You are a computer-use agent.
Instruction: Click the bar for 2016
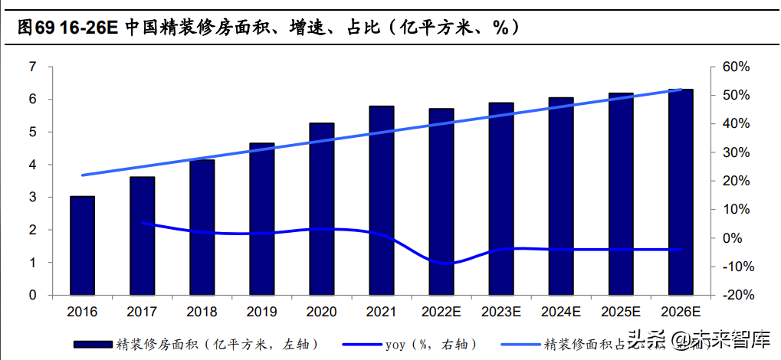coord(83,245)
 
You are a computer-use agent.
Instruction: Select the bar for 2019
coord(262,218)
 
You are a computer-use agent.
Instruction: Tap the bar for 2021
coord(381,200)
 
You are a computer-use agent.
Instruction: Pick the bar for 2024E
coord(561,196)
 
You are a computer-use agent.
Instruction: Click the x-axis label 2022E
coord(441,312)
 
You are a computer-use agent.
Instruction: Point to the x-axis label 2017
coord(142,312)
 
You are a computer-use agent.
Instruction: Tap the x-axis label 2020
coord(321,312)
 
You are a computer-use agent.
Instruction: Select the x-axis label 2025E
coord(621,312)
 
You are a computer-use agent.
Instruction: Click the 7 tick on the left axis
coord(32,67)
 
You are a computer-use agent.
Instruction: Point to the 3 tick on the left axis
coord(32,198)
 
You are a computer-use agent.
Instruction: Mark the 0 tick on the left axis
coord(32,295)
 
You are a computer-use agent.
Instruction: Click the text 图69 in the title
coord(35,28)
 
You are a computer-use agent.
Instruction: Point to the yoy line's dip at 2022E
coord(441,263)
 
